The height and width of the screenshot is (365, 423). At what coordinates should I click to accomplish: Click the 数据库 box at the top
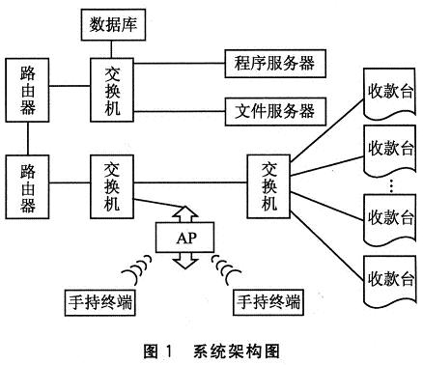pyautogui.click(x=118, y=23)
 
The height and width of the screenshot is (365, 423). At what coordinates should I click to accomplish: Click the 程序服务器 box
pyautogui.click(x=275, y=65)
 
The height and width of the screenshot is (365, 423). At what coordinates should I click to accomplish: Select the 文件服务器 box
pyautogui.click(x=275, y=110)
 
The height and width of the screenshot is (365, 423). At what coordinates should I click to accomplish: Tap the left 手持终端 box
pyautogui.click(x=97, y=303)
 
